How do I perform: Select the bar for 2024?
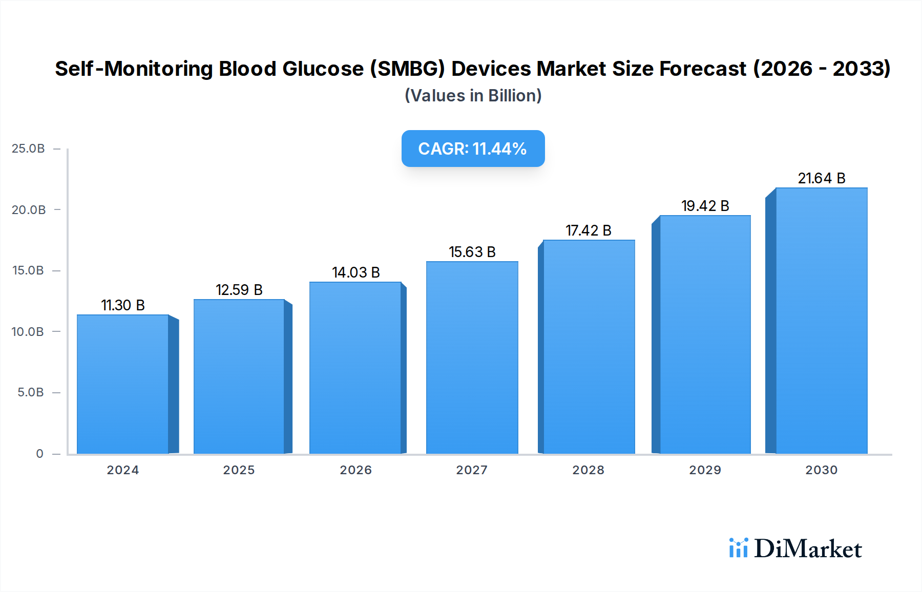(x=123, y=384)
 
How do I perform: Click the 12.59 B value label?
(x=239, y=290)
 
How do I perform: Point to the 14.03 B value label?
(x=355, y=272)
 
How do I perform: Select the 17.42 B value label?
(x=588, y=230)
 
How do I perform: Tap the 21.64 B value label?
(x=821, y=178)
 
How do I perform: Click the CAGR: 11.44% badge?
(x=472, y=149)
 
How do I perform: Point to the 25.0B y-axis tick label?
(x=28, y=149)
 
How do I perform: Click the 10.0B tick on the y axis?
(x=28, y=332)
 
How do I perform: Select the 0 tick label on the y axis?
(x=39, y=454)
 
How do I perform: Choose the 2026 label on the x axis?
(x=355, y=470)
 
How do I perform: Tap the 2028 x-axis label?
(x=588, y=470)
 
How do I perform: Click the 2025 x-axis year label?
(x=239, y=470)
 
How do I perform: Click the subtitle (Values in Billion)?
(x=473, y=96)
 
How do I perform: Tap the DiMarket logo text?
(x=808, y=549)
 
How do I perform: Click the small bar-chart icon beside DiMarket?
(x=738, y=548)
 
